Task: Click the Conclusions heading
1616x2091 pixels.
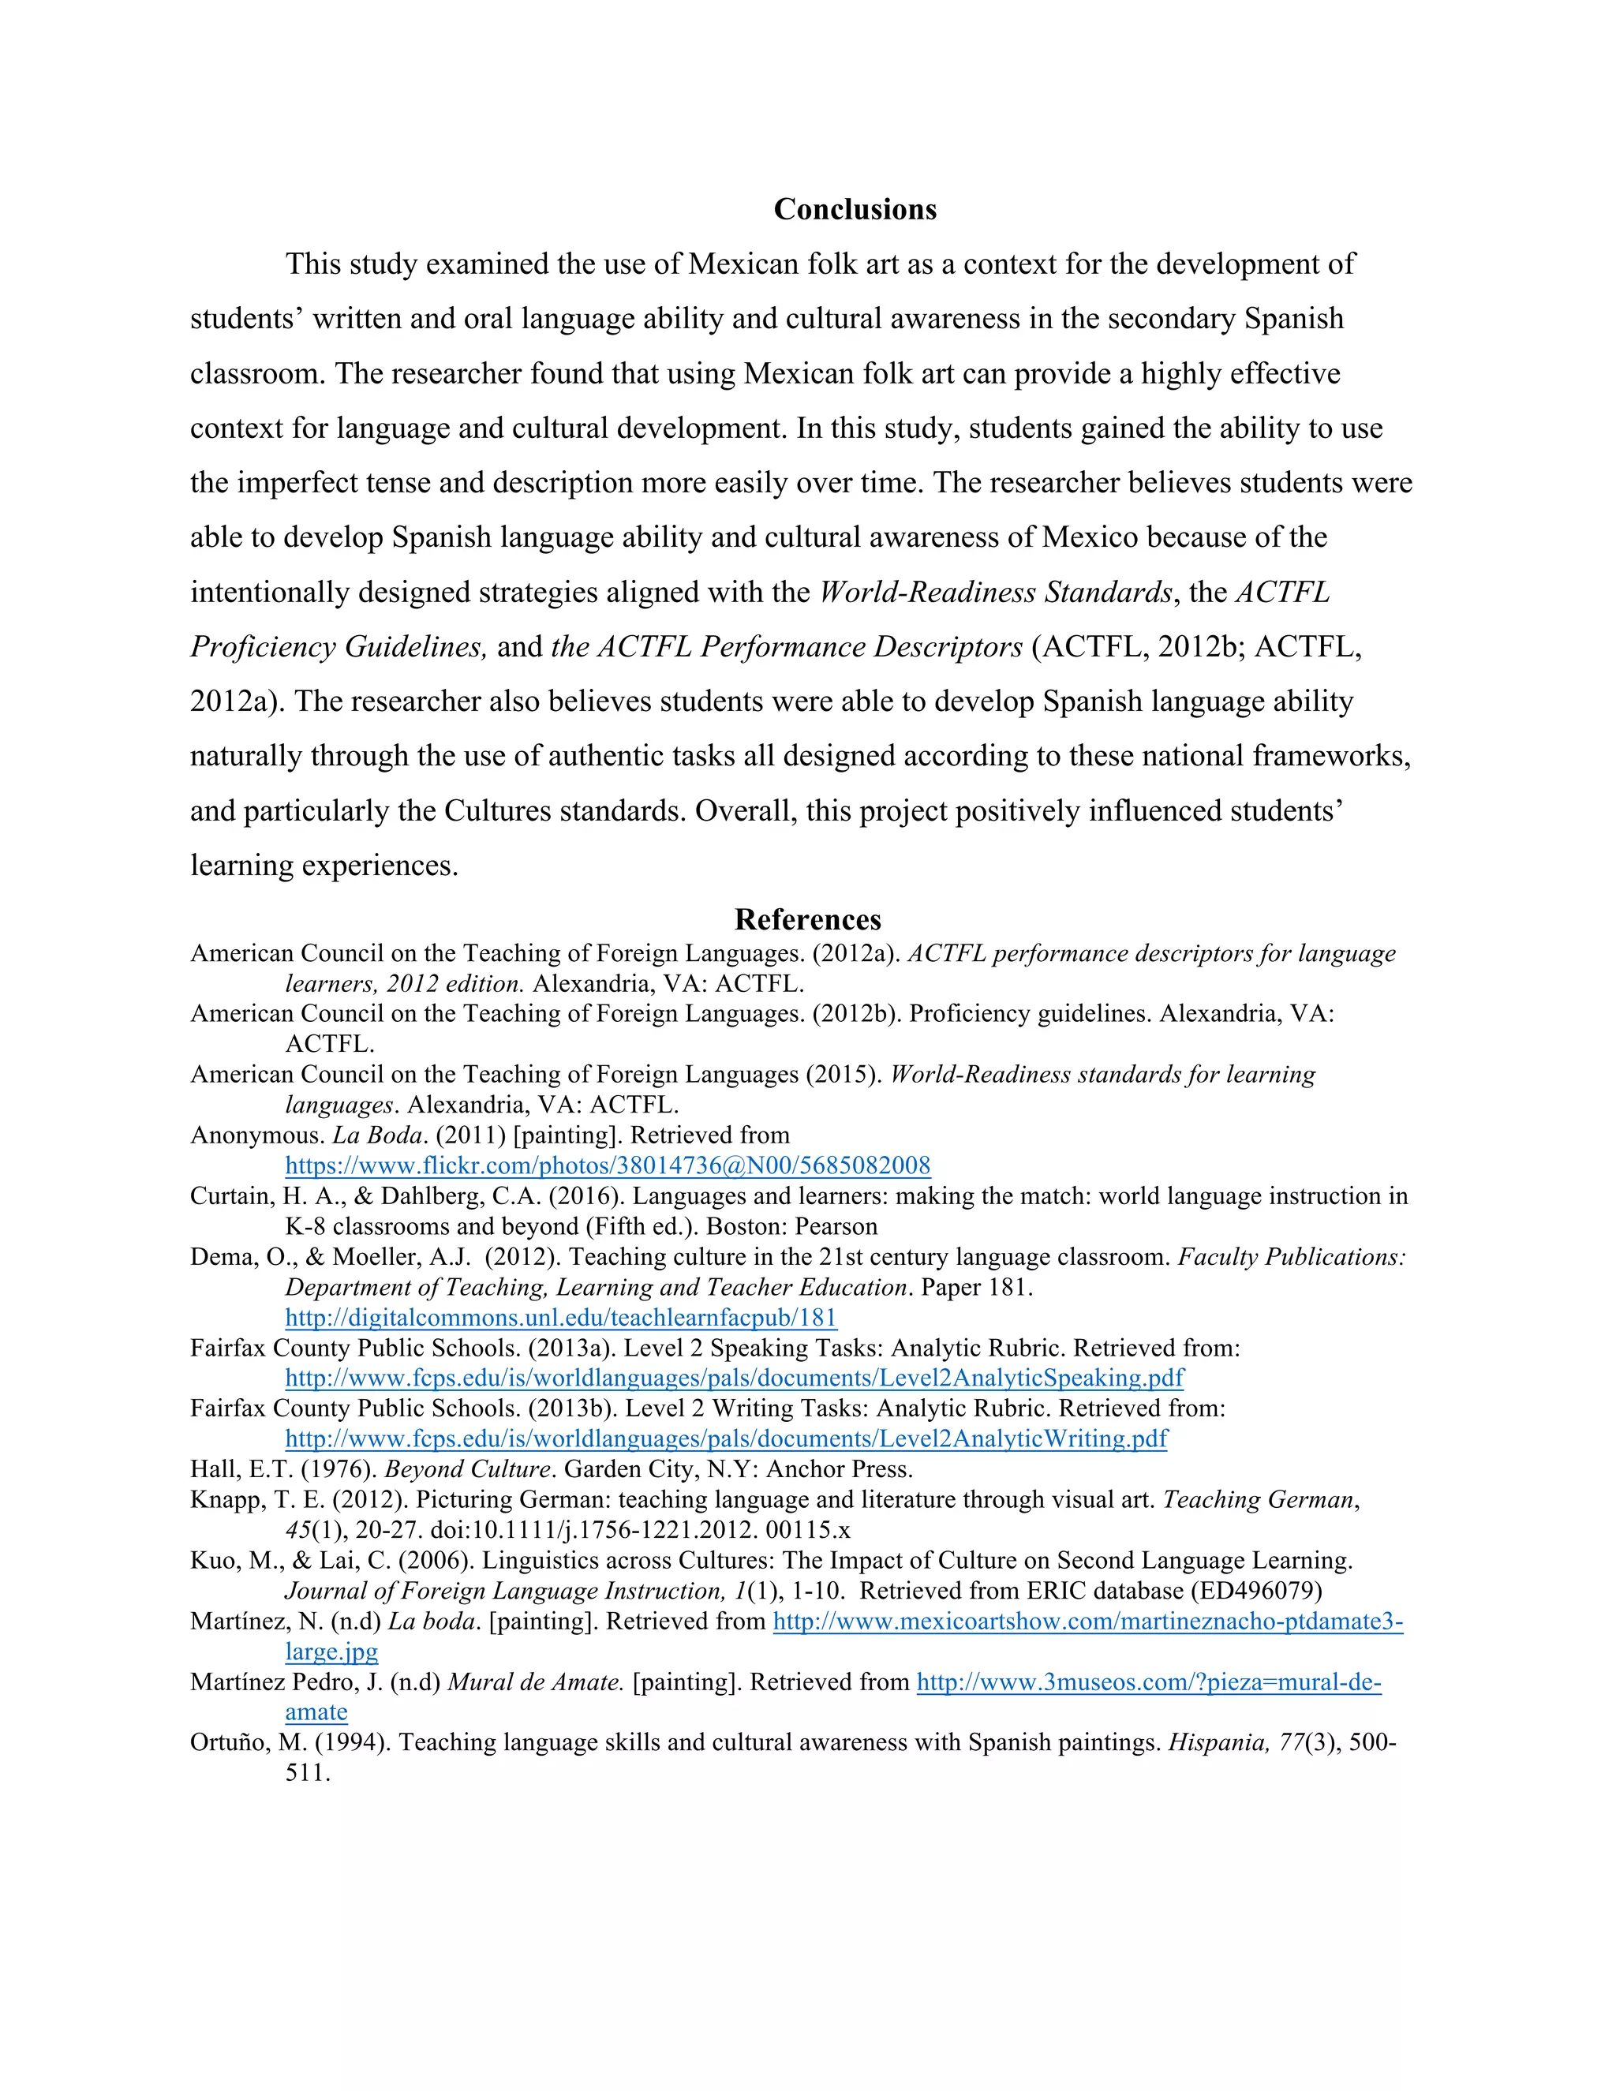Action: [x=854, y=209]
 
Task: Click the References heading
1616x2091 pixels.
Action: [x=807, y=919]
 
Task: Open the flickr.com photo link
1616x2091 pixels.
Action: [x=607, y=1165]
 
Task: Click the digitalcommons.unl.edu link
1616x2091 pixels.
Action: [x=561, y=1318]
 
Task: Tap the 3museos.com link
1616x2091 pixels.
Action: [x=1148, y=1682]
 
